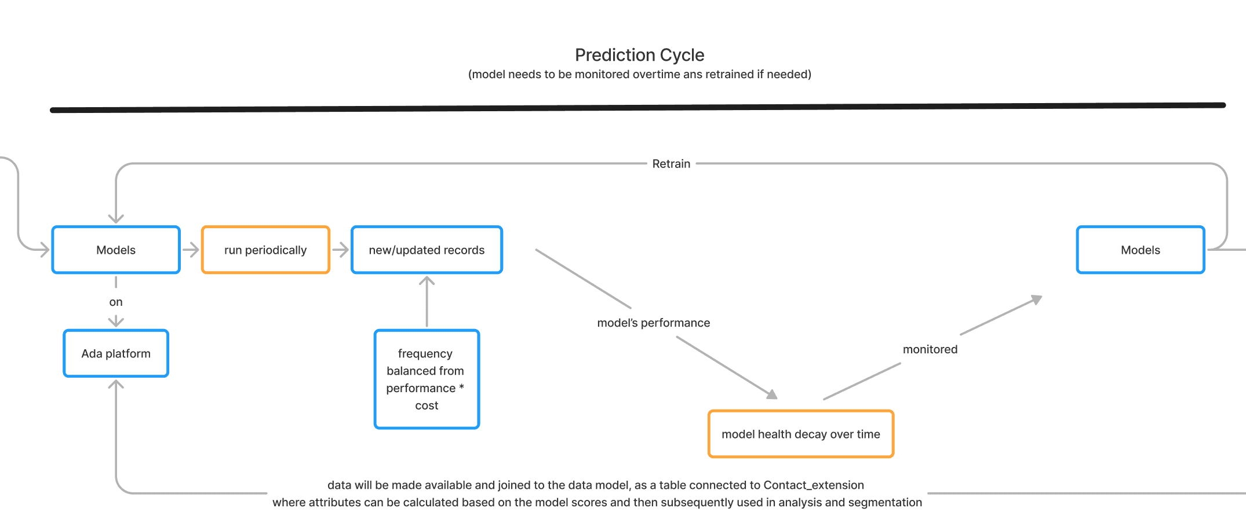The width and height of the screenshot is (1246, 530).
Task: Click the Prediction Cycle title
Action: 639,55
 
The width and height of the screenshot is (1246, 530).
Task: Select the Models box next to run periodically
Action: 116,250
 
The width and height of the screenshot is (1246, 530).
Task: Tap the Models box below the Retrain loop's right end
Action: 1141,250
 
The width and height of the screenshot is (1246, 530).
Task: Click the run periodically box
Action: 265,250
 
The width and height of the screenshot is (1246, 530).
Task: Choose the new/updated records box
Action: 427,250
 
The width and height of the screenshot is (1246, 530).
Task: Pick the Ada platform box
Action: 116,353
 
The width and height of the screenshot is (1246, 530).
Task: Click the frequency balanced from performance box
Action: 427,379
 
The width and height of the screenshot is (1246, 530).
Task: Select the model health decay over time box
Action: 801,434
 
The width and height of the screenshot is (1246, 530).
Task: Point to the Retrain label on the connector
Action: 671,164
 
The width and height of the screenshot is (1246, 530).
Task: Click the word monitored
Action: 930,349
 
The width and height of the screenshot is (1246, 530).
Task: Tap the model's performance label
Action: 653,323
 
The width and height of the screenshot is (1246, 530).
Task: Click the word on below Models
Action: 116,302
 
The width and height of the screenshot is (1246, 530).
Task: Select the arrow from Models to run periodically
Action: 191,250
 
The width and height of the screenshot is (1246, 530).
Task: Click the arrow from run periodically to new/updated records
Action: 340,250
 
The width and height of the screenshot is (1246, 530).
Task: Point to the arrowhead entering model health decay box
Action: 772,394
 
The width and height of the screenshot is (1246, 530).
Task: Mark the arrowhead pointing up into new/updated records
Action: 427,281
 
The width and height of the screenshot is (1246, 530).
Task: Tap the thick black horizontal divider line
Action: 637,108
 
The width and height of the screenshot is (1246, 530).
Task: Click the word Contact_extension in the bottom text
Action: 814,485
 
